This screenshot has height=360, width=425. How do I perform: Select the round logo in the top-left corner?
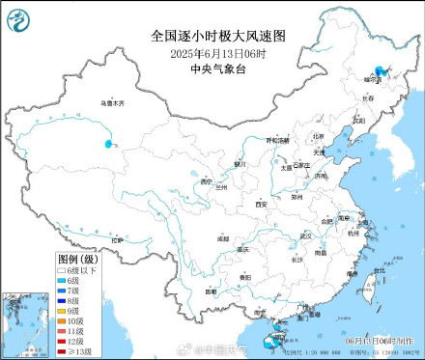click(x=19, y=17)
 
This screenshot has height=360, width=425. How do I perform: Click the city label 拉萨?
click(x=118, y=239)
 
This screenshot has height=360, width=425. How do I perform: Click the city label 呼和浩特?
click(x=277, y=140)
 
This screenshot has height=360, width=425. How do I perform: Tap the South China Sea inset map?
click(x=24, y=324)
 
